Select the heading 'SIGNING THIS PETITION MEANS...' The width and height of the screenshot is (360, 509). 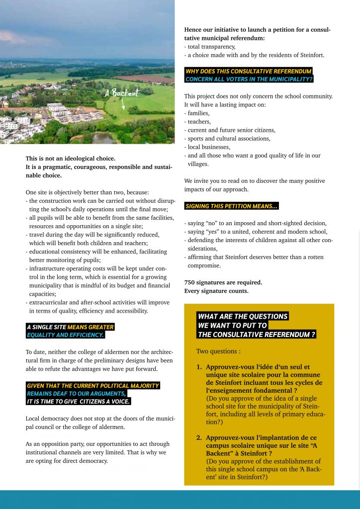pos(231,206)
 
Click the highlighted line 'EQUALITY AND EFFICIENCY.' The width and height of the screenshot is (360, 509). pos(65,335)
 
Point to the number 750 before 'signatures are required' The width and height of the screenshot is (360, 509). pos(189,282)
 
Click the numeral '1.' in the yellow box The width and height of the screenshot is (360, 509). pos(199,367)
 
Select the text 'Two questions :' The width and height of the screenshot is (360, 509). pos(218,351)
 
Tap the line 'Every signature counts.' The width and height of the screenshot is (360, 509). pos(216,291)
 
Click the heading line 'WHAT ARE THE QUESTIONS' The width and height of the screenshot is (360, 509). pos(243,316)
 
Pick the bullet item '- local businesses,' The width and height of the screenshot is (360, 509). pos(207,147)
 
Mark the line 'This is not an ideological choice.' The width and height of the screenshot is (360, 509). pos(71,159)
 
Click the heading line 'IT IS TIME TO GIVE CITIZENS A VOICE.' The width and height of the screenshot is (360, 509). pos(79,401)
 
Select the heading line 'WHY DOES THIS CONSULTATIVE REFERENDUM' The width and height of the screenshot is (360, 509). pos(248,71)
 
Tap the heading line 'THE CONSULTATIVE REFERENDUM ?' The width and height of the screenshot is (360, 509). pos(257,335)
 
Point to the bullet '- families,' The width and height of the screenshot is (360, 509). pos(196,113)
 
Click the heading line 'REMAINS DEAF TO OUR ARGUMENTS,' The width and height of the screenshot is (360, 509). pos(77,393)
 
